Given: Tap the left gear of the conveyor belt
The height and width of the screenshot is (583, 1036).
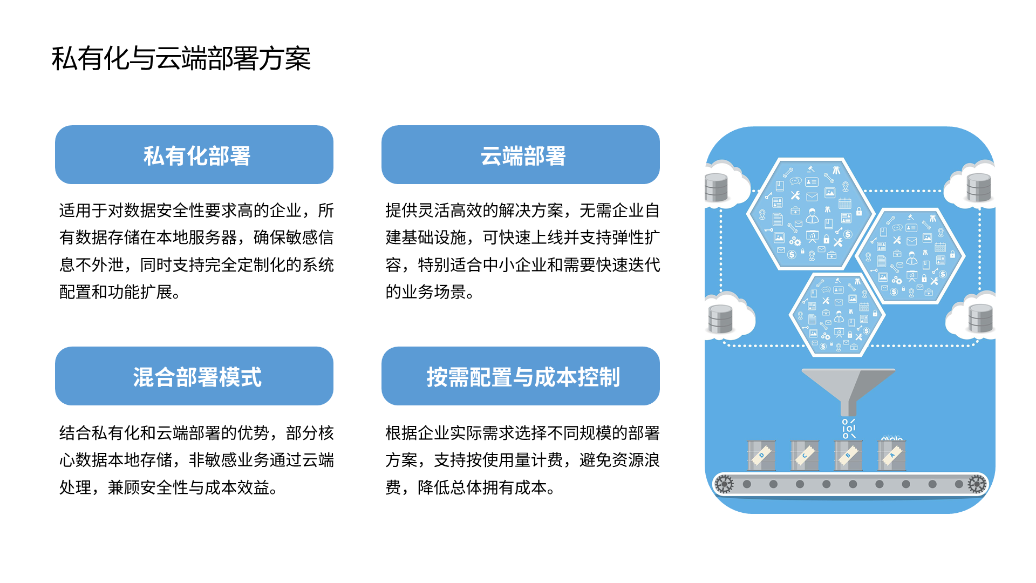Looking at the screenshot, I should click(724, 484).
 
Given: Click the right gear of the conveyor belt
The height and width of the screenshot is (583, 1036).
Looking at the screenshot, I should click(977, 484).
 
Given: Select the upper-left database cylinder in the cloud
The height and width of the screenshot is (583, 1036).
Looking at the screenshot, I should click(717, 187).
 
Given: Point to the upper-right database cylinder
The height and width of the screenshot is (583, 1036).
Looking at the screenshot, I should click(978, 187).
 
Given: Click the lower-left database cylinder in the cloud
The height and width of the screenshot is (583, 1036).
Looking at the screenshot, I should click(720, 318).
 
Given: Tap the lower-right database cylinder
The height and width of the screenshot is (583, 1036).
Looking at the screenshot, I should click(980, 318).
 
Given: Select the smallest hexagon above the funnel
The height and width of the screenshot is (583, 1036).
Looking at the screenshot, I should click(837, 315).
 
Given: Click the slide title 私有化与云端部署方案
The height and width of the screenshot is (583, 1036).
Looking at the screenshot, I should click(181, 58).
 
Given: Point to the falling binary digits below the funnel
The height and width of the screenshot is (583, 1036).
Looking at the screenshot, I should click(848, 429).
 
